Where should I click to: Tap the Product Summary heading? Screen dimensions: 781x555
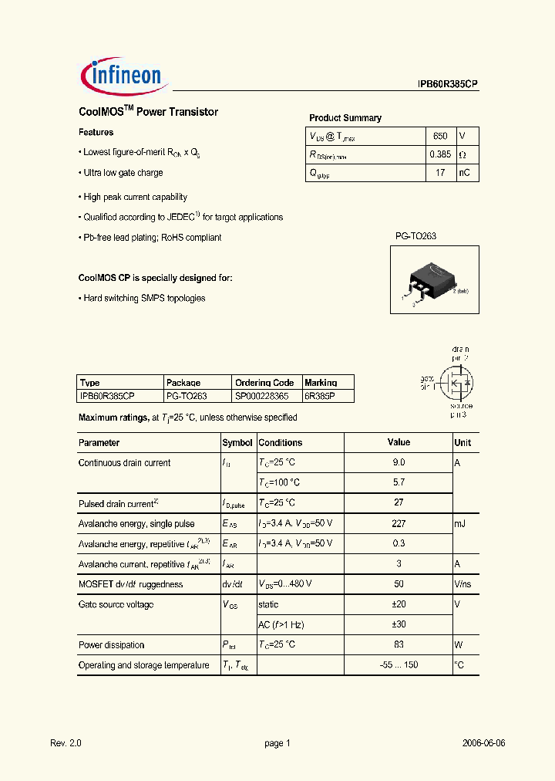pyautogui.click(x=345, y=118)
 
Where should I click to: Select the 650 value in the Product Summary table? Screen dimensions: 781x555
pyautogui.click(x=439, y=136)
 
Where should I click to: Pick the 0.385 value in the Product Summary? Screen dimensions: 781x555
pyautogui.click(x=439, y=154)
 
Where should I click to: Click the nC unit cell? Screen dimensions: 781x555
pyautogui.click(x=464, y=173)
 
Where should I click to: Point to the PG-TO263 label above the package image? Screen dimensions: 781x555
pyautogui.click(x=415, y=236)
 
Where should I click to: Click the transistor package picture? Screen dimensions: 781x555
pyautogui.click(x=425, y=281)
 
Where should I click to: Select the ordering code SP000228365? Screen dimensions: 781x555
pyautogui.click(x=262, y=395)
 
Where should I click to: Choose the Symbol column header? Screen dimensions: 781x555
pyautogui.click(x=237, y=443)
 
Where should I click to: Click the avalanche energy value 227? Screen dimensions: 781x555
pyautogui.click(x=399, y=523)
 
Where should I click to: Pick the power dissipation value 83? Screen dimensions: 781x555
pyautogui.click(x=399, y=645)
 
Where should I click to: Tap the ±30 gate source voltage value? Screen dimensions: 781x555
pyautogui.click(x=399, y=624)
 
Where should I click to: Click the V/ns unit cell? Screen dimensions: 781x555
pyautogui.click(x=462, y=584)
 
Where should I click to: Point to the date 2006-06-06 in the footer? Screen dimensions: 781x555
pyautogui.click(x=483, y=743)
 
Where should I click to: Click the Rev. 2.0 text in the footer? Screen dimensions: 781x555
pyautogui.click(x=66, y=743)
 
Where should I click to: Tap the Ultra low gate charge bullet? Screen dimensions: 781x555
pyautogui.click(x=123, y=173)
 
